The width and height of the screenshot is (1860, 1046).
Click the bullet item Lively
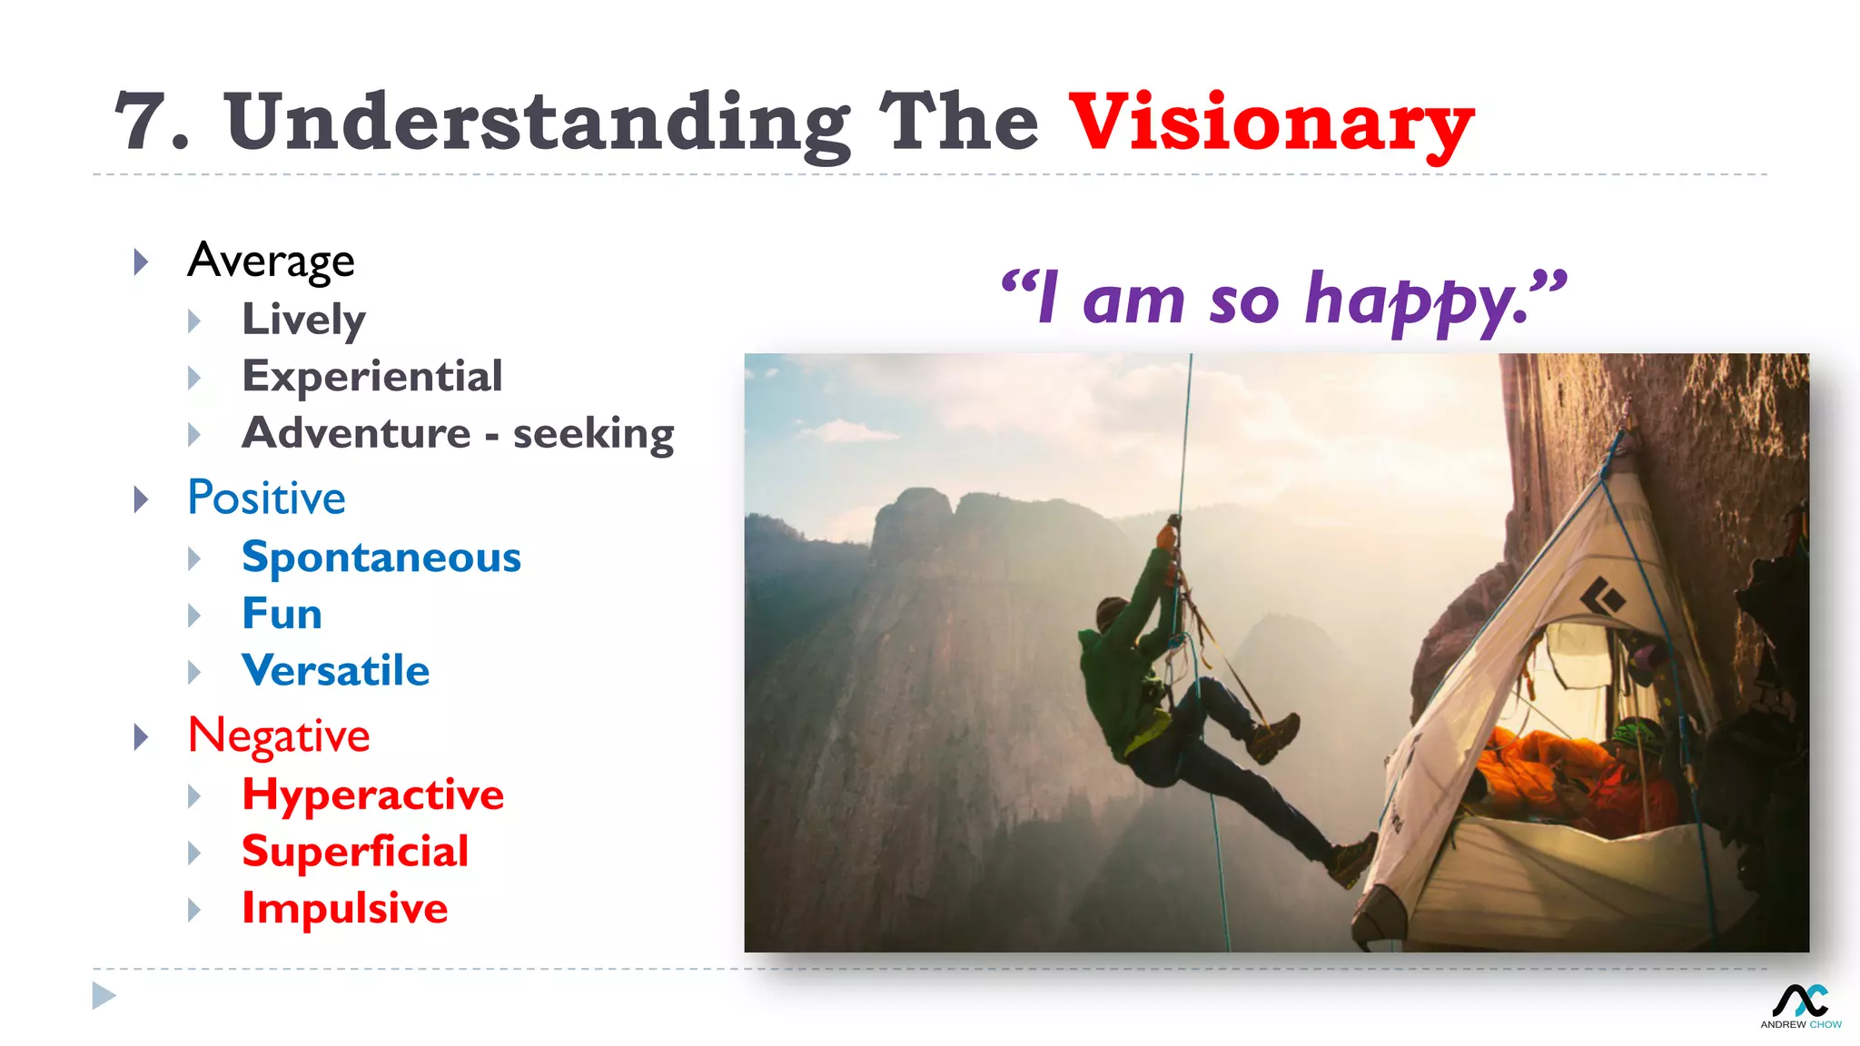[x=303, y=320]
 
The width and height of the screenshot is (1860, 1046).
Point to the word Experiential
[x=371, y=377]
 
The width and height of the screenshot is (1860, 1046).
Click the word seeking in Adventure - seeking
[x=593, y=434]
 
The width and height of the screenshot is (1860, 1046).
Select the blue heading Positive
[x=266, y=498]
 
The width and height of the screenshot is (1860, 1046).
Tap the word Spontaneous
[x=381, y=558]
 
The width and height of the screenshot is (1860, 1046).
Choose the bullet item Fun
[x=282, y=615]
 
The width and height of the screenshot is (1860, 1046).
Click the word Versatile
[x=335, y=671]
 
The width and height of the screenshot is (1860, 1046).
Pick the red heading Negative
[x=278, y=735]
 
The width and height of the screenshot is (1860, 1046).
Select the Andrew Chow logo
[x=1801, y=1004]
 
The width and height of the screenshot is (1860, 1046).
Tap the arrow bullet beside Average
[x=141, y=261]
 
